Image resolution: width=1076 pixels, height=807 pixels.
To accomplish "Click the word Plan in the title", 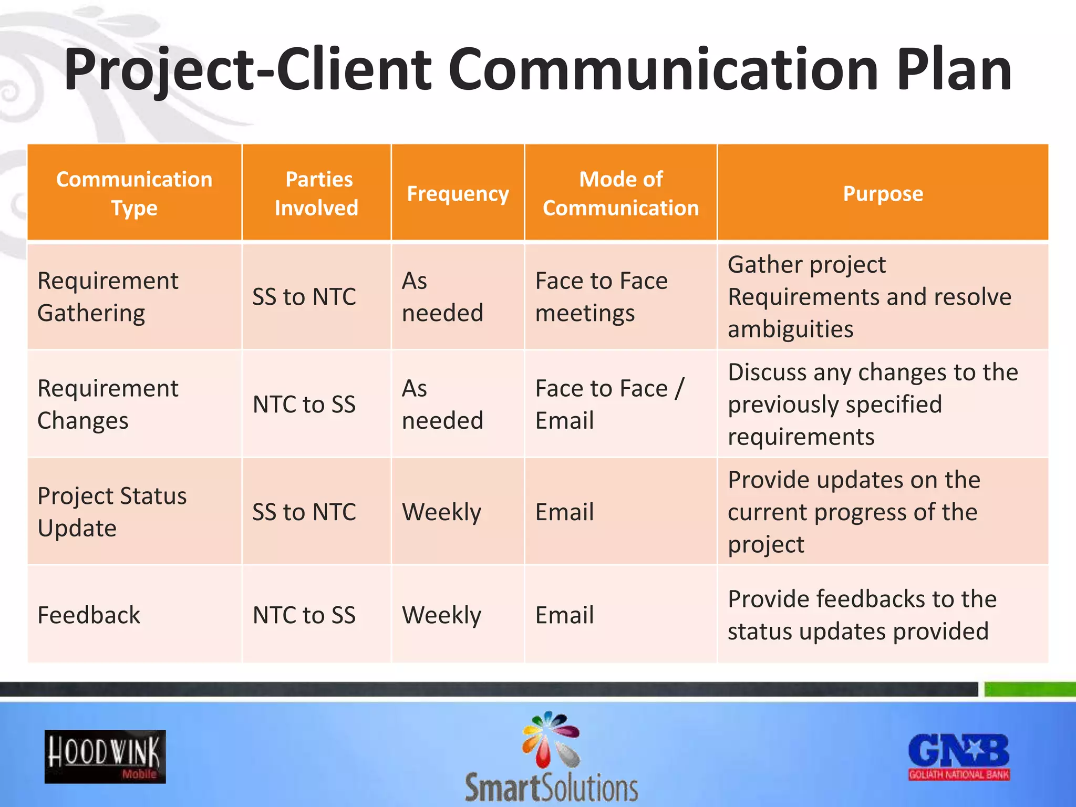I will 954,69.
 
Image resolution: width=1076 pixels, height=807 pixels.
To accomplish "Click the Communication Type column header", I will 134,193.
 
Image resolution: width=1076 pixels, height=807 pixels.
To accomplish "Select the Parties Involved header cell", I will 316,193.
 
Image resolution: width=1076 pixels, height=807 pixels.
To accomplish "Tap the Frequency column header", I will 458,193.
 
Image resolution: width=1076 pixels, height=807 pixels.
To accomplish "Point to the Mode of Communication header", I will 620,193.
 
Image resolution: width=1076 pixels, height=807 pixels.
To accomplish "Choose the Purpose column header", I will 883,193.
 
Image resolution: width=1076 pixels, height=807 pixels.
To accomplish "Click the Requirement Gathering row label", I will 108,297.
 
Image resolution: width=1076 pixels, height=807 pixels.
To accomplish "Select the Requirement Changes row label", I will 108,404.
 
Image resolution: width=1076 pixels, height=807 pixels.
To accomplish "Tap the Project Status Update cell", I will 112,512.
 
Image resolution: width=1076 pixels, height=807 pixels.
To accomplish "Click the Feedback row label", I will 89,615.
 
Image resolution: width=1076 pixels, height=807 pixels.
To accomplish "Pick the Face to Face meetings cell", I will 601,297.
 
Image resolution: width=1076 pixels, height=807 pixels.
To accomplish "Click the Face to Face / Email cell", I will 609,404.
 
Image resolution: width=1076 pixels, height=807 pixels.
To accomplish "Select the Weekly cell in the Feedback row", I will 441,615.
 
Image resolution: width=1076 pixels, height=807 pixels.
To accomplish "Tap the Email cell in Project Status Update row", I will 564,512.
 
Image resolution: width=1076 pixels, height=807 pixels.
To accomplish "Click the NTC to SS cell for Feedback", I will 304,615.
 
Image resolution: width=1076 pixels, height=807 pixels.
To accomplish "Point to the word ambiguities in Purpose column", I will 790,329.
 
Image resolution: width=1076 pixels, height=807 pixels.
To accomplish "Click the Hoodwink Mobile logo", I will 105,757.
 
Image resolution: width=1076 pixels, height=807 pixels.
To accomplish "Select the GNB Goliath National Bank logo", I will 959,757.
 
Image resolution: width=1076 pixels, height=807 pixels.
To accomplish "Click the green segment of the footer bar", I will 1030,689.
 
